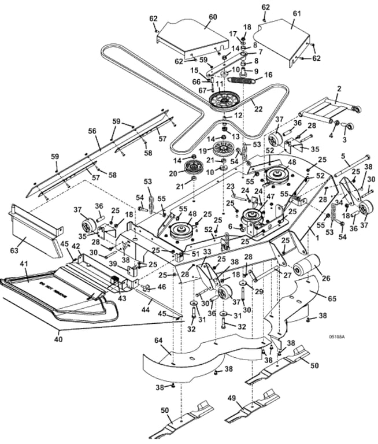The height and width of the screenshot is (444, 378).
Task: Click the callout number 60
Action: click(213, 17)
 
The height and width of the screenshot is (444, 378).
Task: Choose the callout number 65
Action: click(331, 298)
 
